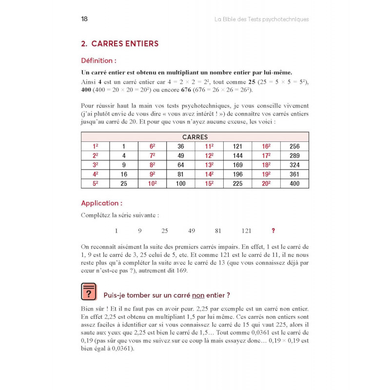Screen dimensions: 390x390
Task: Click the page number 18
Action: pos(84,19)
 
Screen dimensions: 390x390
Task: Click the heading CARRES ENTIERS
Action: pos(120,44)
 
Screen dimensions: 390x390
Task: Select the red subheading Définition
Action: pos(98,61)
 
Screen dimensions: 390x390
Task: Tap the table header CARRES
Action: pos(195,137)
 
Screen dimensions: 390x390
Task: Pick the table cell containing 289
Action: pos(294,156)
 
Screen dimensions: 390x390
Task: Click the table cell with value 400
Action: pos(294,184)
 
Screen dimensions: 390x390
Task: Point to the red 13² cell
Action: pos(209,165)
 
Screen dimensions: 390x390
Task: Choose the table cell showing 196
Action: pos(237,175)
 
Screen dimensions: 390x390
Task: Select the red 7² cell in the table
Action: pos(152,156)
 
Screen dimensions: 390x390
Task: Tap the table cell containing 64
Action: pos(181,165)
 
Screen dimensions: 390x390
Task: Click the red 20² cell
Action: pos(266,184)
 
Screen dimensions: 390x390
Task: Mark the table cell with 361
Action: pos(294,175)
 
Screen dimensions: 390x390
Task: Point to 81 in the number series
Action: pos(218,231)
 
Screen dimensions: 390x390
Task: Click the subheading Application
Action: pos(101,203)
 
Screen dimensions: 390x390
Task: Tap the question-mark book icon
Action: pos(89,291)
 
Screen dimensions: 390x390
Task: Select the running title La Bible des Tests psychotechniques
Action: pos(262,19)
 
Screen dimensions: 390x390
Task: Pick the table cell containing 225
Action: pos(237,184)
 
